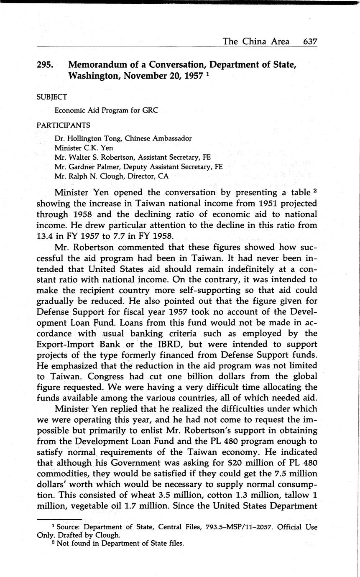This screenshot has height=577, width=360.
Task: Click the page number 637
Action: click(310, 41)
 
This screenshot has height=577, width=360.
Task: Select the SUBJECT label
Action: click(52, 97)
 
